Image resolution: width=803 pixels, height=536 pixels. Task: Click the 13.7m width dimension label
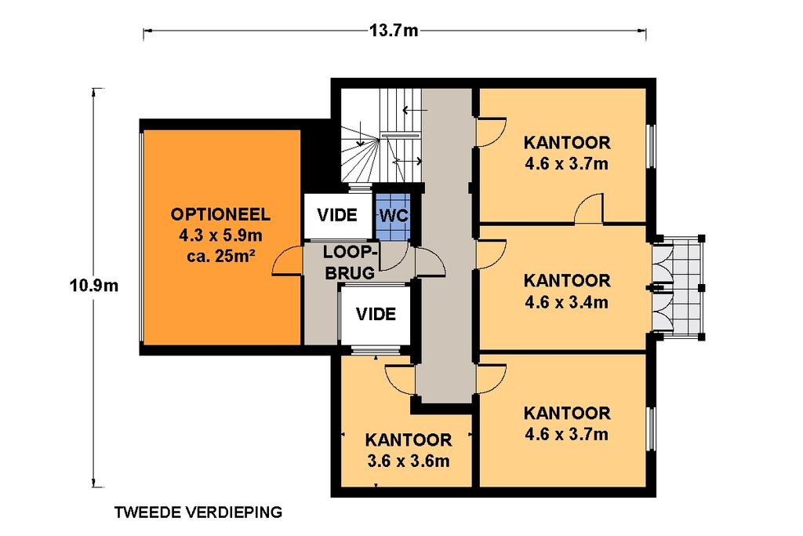tap(394, 31)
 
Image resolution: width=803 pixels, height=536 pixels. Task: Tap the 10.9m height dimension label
tap(94, 285)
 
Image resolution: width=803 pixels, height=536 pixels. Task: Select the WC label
tap(394, 216)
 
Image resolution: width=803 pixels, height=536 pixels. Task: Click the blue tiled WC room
tap(393, 216)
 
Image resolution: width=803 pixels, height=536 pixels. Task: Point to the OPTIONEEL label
tap(220, 213)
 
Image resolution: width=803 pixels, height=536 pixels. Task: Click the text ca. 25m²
tap(220, 256)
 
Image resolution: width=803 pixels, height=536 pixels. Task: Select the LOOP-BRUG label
tap(351, 262)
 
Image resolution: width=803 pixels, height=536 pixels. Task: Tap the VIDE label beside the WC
tap(337, 215)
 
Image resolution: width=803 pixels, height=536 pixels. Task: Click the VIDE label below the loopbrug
tap(376, 314)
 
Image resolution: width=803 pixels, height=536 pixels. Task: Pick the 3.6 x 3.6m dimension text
tap(408, 461)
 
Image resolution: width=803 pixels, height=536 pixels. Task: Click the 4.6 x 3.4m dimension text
tap(566, 302)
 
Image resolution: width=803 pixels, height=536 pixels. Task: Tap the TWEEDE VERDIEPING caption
tap(198, 512)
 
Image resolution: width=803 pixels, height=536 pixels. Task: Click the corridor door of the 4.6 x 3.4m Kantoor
tap(491, 255)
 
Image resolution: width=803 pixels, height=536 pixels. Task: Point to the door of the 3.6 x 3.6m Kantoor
tap(399, 380)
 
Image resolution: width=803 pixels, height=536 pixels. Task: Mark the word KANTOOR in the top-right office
tap(567, 142)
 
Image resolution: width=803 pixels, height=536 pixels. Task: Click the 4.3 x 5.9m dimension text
tap(220, 235)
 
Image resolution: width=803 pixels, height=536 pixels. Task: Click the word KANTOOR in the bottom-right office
tap(567, 413)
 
